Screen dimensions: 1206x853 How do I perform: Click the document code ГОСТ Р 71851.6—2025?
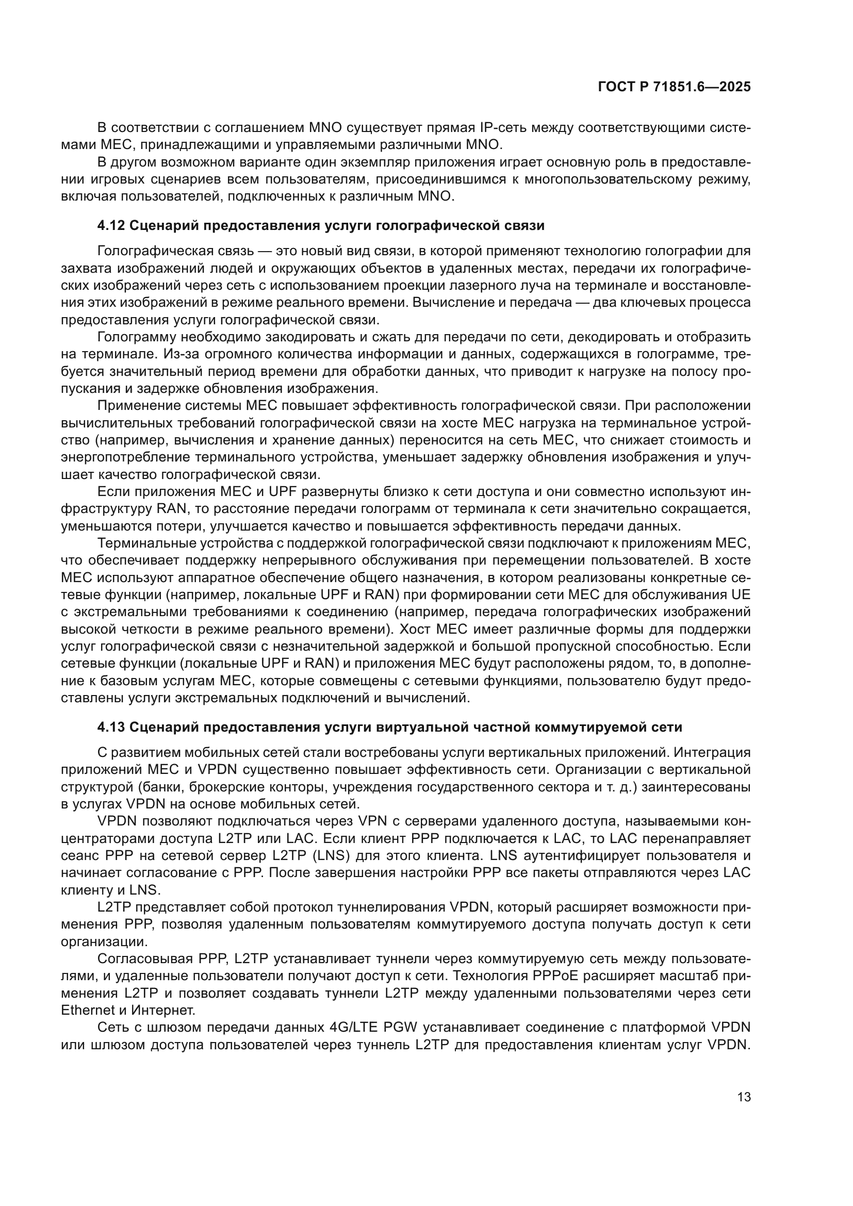pyautogui.click(x=674, y=87)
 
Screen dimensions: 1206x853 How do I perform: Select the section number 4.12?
pyautogui.click(x=111, y=226)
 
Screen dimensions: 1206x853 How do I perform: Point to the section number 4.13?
pyautogui.click(x=111, y=728)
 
